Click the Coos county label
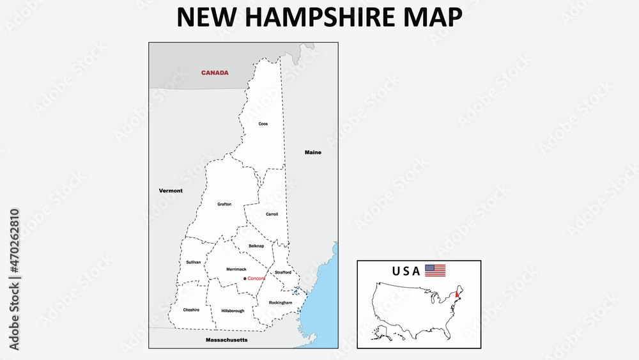click(263, 123)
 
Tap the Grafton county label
click(224, 204)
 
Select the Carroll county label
click(272, 214)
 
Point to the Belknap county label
click(256, 246)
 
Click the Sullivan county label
click(194, 262)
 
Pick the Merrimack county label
click(236, 269)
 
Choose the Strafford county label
click(283, 272)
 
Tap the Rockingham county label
click(281, 302)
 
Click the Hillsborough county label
click(233, 311)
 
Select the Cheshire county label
click(191, 310)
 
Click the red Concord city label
click(256, 278)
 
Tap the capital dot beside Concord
click(245, 278)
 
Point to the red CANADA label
click(215, 73)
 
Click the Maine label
click(313, 153)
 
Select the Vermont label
click(171, 191)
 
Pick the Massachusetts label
click(226, 340)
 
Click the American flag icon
click(435, 270)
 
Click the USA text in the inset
click(406, 271)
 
